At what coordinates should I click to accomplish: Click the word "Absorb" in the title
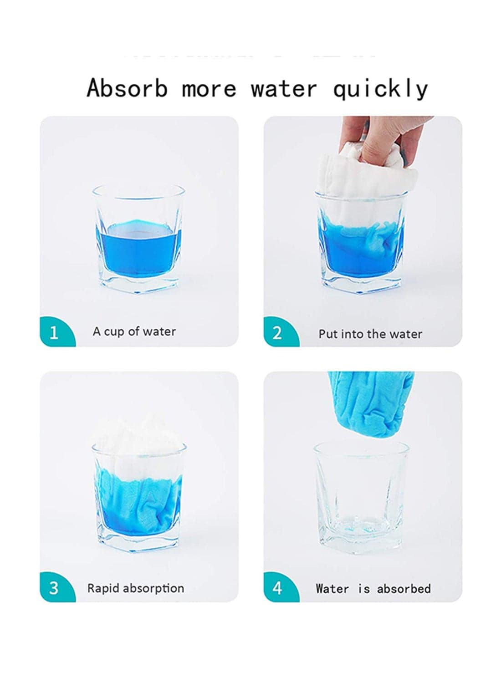(127, 88)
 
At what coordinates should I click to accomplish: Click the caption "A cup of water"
(134, 332)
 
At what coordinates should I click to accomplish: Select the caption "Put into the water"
(370, 334)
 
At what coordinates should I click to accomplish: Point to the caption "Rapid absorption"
(136, 588)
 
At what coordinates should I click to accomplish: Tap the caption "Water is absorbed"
(373, 588)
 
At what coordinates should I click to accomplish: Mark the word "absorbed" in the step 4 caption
(404, 588)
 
